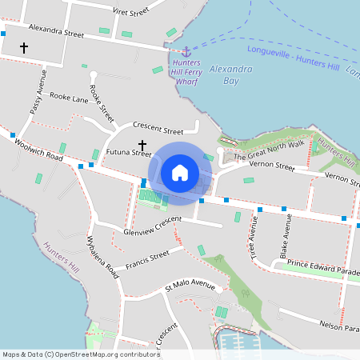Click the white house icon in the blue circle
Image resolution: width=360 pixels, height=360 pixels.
180,172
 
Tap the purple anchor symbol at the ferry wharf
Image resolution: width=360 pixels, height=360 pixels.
186,52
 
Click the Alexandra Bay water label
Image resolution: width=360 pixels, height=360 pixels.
230,74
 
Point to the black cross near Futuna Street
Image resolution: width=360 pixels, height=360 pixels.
142,146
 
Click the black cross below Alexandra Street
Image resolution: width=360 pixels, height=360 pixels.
24,48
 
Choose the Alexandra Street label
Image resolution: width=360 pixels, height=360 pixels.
56,34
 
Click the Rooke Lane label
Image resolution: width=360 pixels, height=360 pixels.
69,98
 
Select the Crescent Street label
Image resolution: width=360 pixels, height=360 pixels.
158,128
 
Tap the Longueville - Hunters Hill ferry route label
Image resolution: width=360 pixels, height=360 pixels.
293,59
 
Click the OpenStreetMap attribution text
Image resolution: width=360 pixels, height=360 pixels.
80,354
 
